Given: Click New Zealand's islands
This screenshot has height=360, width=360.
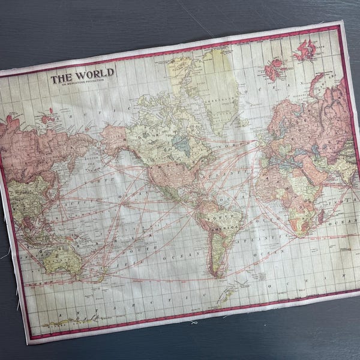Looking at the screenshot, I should tap(100, 276).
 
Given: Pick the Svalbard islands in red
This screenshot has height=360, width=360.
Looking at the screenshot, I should tap(305, 50).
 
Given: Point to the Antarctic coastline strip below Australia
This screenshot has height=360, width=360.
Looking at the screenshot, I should tap(78, 318).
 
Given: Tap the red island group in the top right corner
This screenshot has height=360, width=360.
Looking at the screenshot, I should tap(305, 50).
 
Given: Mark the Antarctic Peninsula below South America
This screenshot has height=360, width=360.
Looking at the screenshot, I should tap(225, 295).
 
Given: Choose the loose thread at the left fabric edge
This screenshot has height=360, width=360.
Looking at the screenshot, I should tap(5, 254).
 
